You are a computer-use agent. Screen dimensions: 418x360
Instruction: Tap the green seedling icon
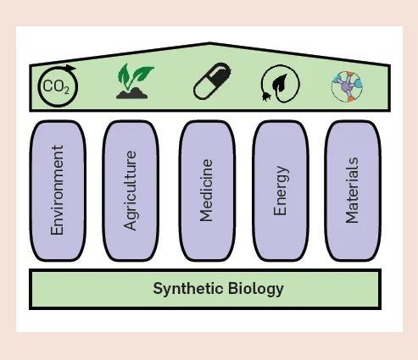(135, 81)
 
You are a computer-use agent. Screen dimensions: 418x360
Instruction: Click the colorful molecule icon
(347, 86)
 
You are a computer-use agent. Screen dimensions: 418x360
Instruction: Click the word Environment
(57, 190)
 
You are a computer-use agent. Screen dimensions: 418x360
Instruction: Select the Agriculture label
(131, 191)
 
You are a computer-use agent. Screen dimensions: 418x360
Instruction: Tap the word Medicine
(206, 191)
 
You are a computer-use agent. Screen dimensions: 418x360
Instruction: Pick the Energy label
(281, 191)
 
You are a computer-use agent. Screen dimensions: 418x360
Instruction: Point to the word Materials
(352, 191)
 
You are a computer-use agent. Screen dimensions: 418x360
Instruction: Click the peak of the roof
(209, 43)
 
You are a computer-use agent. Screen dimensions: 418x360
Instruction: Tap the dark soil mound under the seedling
(132, 93)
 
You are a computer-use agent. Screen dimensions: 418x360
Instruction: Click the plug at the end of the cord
(265, 97)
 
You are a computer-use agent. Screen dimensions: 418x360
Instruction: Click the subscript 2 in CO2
(66, 91)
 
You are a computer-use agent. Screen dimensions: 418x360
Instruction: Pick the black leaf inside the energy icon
(280, 82)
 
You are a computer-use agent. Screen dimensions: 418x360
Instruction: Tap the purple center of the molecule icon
(347, 86)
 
